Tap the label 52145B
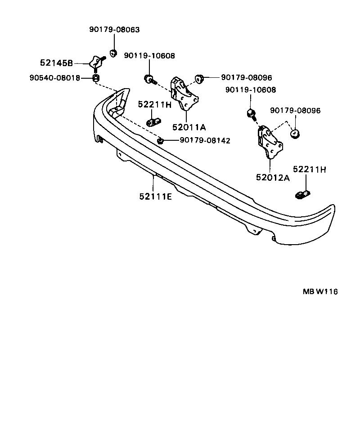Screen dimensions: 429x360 [56, 63]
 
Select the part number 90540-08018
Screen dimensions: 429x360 [55, 78]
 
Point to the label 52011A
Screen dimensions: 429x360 [189, 128]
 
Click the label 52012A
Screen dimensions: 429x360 [273, 177]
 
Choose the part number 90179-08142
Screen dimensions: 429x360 [205, 141]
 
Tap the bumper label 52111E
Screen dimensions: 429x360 [155, 196]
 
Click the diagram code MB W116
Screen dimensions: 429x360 [320, 291]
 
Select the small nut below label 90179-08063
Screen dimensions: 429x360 [114, 53]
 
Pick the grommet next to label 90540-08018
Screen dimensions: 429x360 [96, 79]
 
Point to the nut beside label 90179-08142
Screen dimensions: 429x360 [160, 141]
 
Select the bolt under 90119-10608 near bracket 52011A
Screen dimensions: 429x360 [149, 80]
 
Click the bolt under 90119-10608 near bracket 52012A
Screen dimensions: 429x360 [252, 113]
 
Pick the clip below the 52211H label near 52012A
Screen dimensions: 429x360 [303, 194]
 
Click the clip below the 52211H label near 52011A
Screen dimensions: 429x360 [154, 121]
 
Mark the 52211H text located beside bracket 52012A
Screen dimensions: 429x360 [309, 170]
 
